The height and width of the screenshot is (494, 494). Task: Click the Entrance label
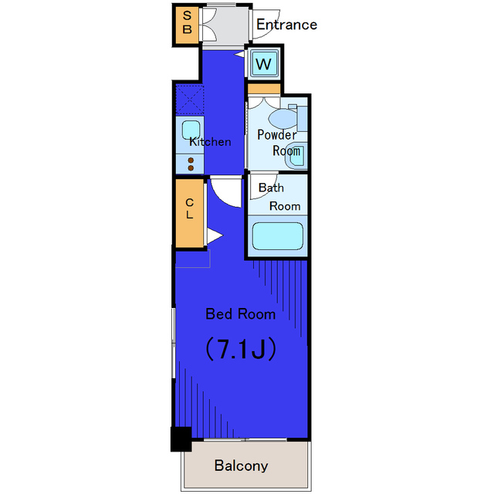pos(286,25)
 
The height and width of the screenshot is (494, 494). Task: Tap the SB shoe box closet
pos(187,25)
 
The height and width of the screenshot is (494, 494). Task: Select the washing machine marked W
pos(263,64)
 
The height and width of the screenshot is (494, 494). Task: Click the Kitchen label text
pos(210,142)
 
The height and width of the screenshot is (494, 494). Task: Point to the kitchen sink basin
pos(191,130)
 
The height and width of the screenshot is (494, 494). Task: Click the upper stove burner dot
pos(191,161)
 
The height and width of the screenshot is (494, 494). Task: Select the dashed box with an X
pos(190,100)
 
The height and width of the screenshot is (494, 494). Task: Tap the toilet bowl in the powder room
pos(283,119)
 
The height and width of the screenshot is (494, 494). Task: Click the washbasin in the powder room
pos(295,155)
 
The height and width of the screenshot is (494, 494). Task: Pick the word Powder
pos(277,135)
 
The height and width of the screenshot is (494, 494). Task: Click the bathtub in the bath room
pos(278,236)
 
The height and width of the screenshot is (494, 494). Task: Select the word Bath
pos(271,188)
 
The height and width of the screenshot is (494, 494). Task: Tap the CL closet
pos(189,213)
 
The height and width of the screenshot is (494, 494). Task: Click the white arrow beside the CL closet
pos(215,235)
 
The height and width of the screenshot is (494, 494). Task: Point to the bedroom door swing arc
pos(226,193)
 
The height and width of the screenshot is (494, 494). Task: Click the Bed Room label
pos(240,314)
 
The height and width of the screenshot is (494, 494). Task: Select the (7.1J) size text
pos(241,349)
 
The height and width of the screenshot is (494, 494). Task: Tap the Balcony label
pos(241,465)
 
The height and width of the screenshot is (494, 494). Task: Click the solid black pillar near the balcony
pos(181,439)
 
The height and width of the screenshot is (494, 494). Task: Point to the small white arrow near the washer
pos(239,55)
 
